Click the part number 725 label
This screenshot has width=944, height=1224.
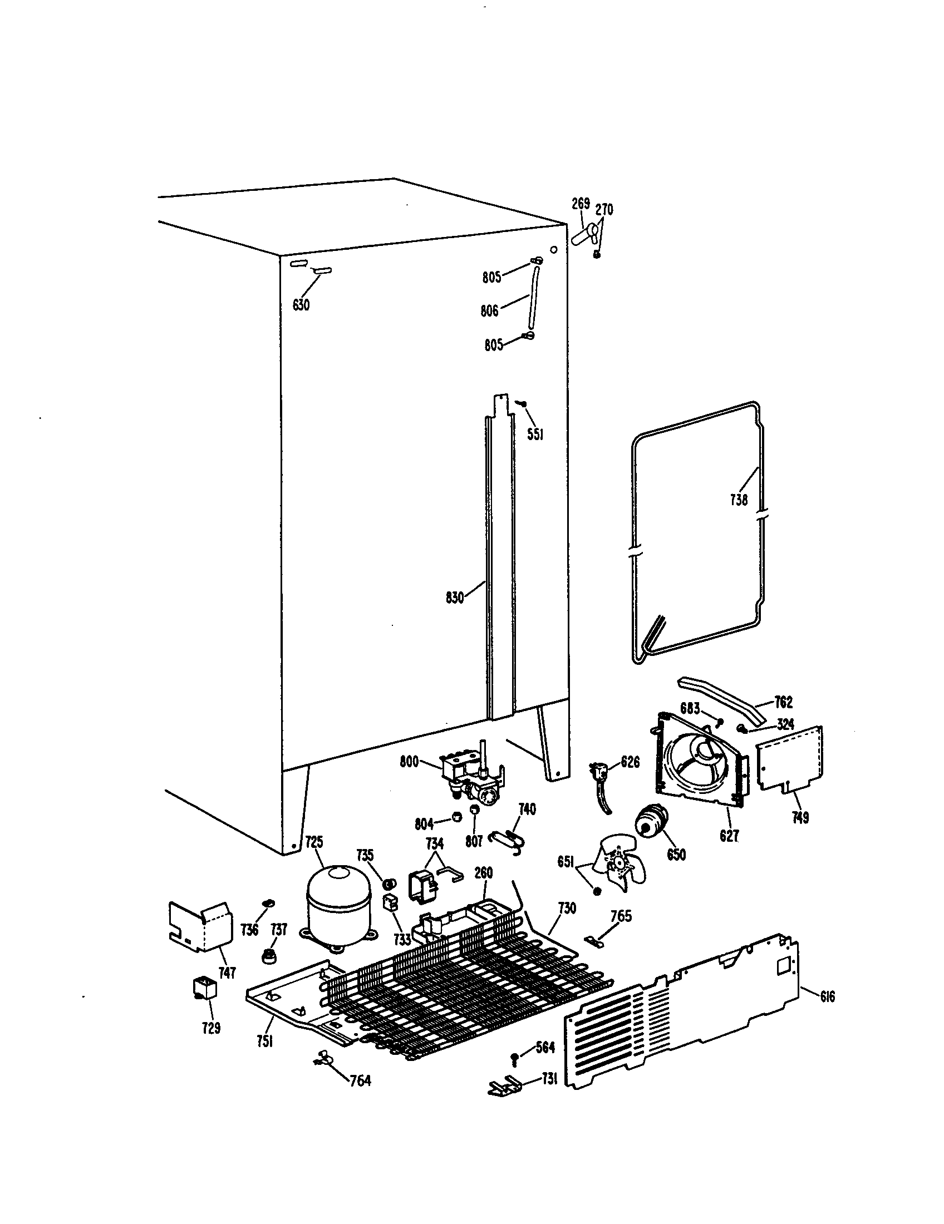pyautogui.click(x=314, y=858)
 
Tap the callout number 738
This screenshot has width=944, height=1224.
pyautogui.click(x=739, y=500)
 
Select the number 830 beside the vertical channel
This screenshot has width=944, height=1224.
pyautogui.click(x=455, y=599)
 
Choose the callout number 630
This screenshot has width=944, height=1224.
pyautogui.click(x=301, y=305)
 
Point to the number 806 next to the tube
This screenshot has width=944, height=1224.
pyautogui.click(x=489, y=310)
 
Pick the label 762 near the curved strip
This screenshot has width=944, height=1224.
pyautogui.click(x=783, y=702)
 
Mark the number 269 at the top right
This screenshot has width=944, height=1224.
pyautogui.click(x=581, y=205)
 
